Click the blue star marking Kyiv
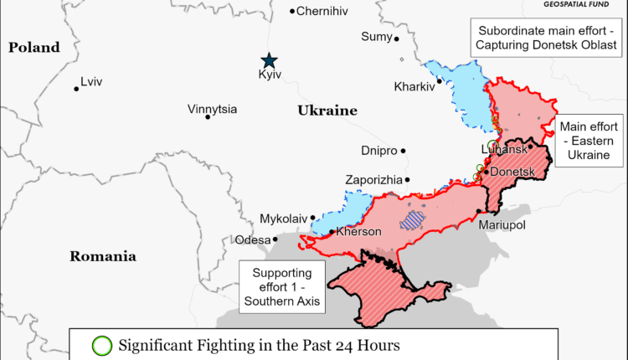(x=269, y=60)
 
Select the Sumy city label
(x=375, y=36)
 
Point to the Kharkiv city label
(x=414, y=86)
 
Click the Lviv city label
(x=91, y=82)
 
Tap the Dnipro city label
(x=378, y=152)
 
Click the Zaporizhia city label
(x=373, y=180)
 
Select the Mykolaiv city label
(x=282, y=218)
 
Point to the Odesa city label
(x=252, y=239)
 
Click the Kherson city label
(x=358, y=232)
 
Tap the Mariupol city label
(x=502, y=225)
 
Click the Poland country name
(x=34, y=48)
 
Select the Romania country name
(x=102, y=256)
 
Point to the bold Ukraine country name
(x=327, y=111)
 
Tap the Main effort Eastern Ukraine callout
(x=589, y=141)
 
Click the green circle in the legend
(x=101, y=345)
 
